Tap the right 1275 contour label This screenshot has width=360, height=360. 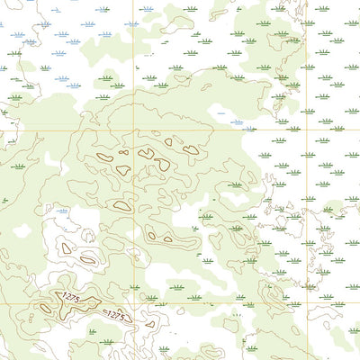[x=115, y=315]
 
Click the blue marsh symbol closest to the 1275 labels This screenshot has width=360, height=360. [x=61, y=211]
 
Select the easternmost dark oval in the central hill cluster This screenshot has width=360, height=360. [x=190, y=150]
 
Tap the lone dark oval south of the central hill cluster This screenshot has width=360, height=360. [x=122, y=206]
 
